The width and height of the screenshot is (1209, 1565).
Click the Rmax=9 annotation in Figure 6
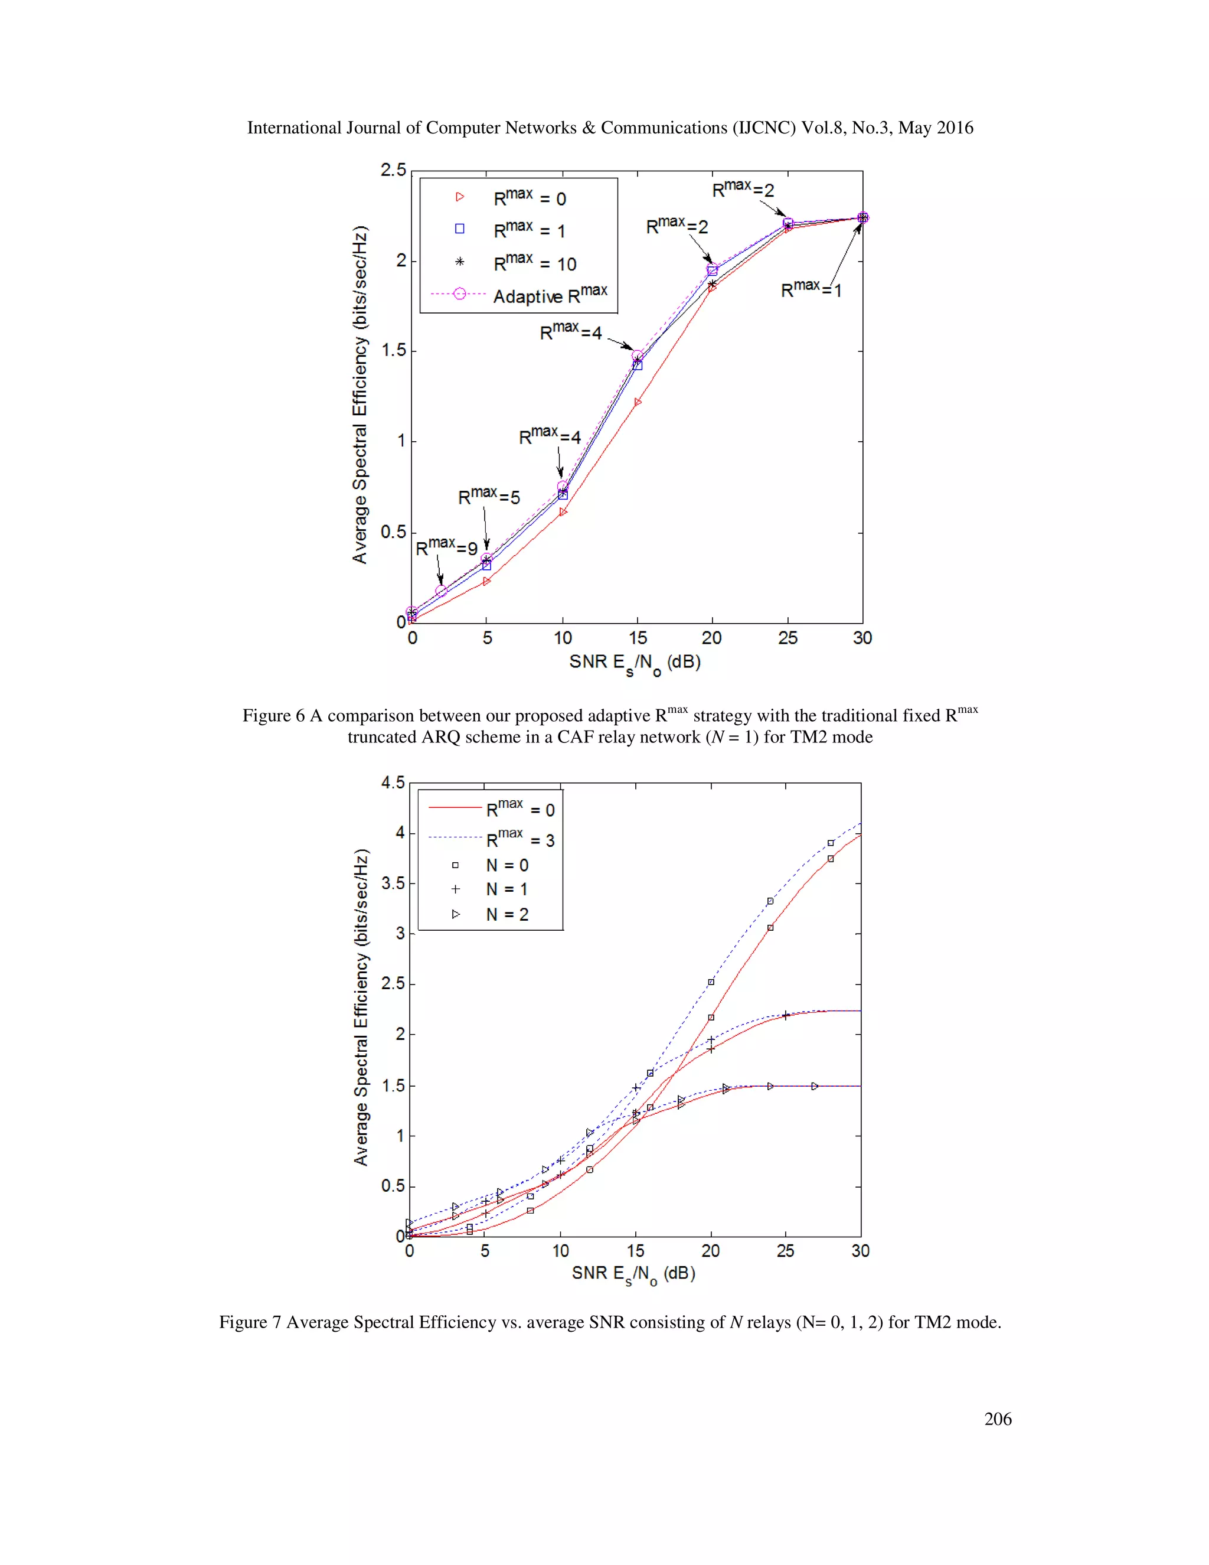click(x=446, y=547)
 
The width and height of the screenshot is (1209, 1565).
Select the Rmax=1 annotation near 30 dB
click(x=811, y=289)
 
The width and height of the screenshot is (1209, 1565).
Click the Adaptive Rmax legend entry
click(x=550, y=295)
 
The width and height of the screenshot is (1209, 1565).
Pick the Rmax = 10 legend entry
click(x=534, y=262)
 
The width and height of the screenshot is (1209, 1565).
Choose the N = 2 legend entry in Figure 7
click(x=507, y=914)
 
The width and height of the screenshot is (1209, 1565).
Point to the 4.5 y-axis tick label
click(x=393, y=782)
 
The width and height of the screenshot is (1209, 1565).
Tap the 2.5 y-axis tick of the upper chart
click(x=393, y=171)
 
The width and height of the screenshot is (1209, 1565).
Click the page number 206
click(x=998, y=1419)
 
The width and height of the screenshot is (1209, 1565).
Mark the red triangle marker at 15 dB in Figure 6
click(x=638, y=402)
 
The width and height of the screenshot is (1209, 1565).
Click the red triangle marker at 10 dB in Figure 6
click(x=563, y=511)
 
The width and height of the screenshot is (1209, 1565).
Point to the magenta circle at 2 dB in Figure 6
click(x=441, y=591)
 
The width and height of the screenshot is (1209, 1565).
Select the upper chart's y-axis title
click(x=360, y=394)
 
